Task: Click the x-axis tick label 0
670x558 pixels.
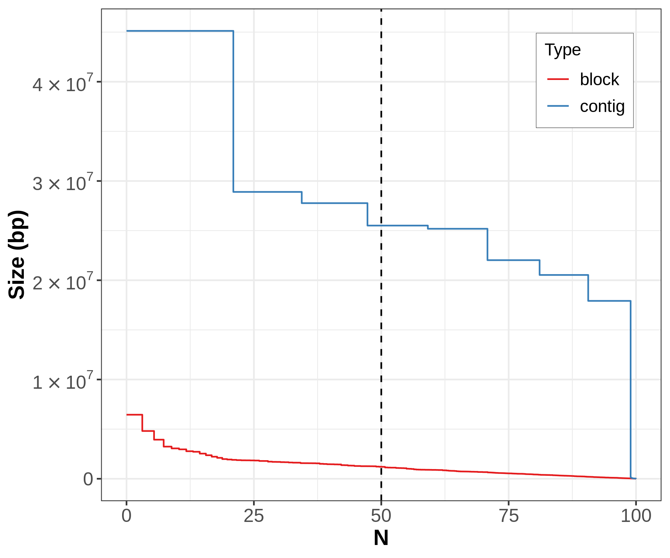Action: [x=127, y=516]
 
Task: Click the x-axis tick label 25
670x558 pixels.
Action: [x=254, y=516]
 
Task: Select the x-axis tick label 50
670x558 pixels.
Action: [x=381, y=516]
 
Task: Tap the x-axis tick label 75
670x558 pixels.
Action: [x=508, y=516]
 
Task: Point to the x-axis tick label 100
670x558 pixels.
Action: [x=636, y=516]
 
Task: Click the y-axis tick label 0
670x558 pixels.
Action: [x=88, y=479]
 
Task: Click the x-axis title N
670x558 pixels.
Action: [x=381, y=538]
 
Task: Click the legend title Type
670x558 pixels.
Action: [x=562, y=50]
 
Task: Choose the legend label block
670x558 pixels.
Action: [x=599, y=80]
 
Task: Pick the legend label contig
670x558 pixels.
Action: [x=602, y=106]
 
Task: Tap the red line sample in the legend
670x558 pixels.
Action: [x=558, y=79]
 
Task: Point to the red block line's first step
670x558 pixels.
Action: [x=134, y=414]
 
